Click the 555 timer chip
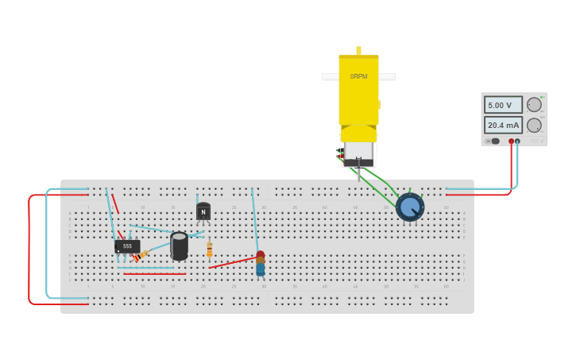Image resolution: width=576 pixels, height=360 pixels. pos(127,246)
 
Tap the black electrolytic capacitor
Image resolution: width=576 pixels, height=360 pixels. pos(180,246)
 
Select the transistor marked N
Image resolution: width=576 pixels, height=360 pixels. pos(203,211)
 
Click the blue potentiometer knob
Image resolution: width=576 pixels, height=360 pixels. pos(410,207)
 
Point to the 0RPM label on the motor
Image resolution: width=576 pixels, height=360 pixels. pos(358,76)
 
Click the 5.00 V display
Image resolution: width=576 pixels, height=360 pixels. pos(503,105)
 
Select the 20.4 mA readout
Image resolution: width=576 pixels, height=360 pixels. pos(503,125)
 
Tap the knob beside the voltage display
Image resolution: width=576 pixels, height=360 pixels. pos(534,105)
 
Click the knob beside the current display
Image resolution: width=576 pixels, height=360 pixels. pos(534,125)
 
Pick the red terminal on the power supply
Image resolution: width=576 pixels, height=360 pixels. pos(511,141)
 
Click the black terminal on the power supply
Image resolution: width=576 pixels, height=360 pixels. pos(518,141)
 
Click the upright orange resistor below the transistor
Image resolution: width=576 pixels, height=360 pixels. pos(210,250)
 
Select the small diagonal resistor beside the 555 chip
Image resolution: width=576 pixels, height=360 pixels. pos(141,256)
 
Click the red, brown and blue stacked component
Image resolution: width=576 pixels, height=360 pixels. pos(261,265)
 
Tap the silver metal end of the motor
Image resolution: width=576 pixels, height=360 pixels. pos(358,151)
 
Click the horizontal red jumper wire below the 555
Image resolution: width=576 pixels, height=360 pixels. pos(155,274)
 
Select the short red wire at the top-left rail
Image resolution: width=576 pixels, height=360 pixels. pos(115,204)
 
